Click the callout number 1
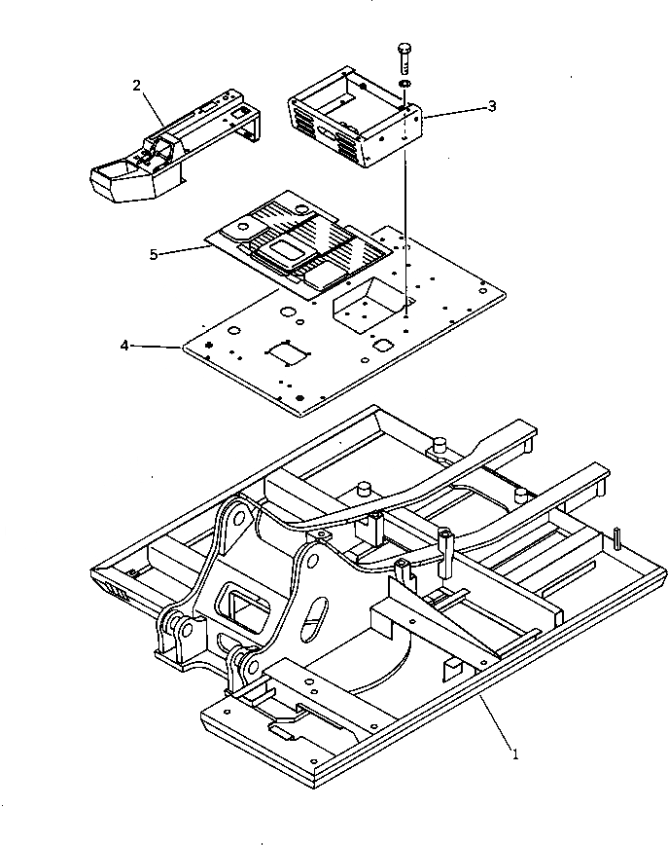[515, 752]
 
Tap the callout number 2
[137, 85]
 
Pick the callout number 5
[154, 255]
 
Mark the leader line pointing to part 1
[491, 720]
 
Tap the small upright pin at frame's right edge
[617, 538]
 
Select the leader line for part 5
[185, 251]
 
